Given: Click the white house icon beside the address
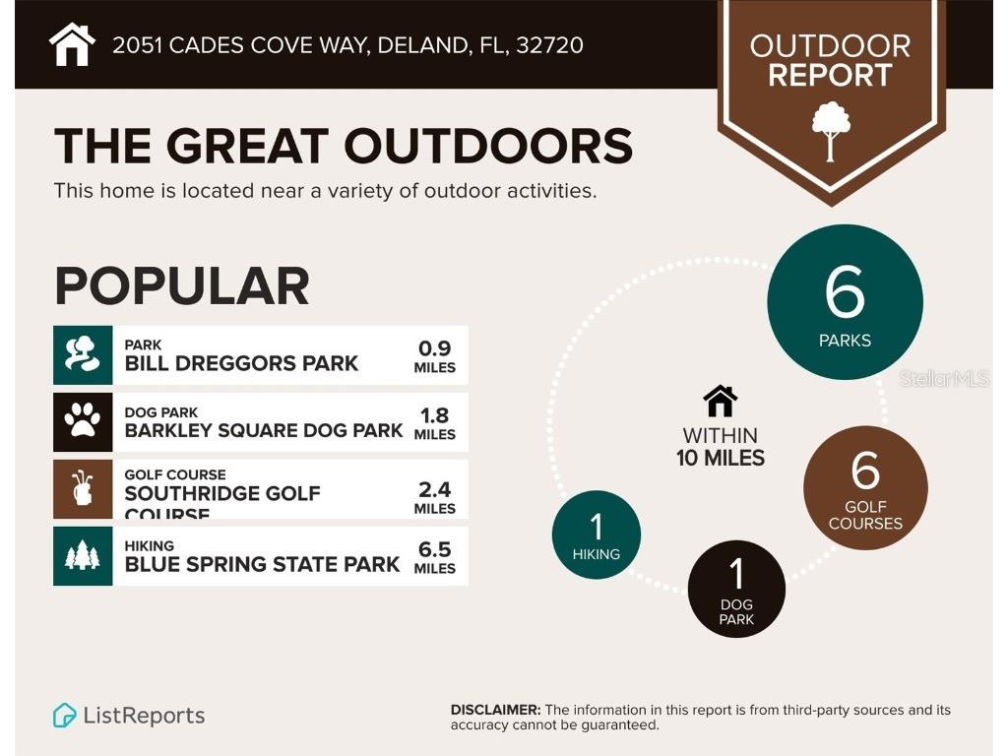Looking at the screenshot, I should pos(72,44).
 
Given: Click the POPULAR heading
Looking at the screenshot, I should pos(182,285).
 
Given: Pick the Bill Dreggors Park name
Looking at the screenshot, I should pos(241,363).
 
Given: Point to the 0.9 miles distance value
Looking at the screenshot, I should pos(434,355).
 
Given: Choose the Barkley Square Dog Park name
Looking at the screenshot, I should pos(264,430).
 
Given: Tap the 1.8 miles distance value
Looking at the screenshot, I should pos(434,422).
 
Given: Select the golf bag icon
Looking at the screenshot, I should pos(83,488).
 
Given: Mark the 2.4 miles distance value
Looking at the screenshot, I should pos(434,497).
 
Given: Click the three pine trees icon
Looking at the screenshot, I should pos(83,556).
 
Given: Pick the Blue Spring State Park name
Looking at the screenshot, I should pos(262,564).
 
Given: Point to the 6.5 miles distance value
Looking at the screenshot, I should pos(434,556).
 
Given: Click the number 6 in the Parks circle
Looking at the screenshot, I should pos(845,292).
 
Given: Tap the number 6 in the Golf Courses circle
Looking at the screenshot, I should pos(865,471).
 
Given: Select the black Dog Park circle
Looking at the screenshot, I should pos(736,589).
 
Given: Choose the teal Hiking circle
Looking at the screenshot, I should pos(597,535).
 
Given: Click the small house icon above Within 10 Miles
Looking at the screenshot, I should pos(721,401).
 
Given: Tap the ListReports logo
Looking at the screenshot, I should pos(129,716).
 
